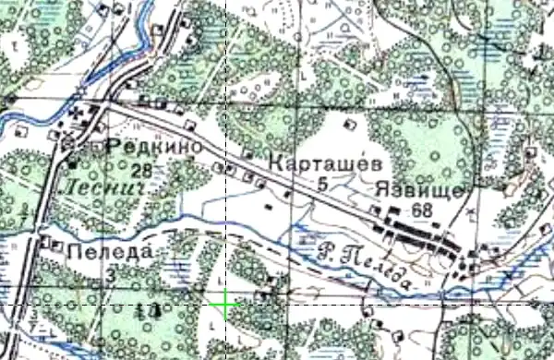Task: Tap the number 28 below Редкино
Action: (x=141, y=169)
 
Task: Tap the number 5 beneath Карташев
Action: (x=322, y=186)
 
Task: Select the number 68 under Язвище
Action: (x=423, y=210)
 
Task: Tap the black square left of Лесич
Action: (x=74, y=163)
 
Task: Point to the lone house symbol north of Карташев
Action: (x=349, y=123)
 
